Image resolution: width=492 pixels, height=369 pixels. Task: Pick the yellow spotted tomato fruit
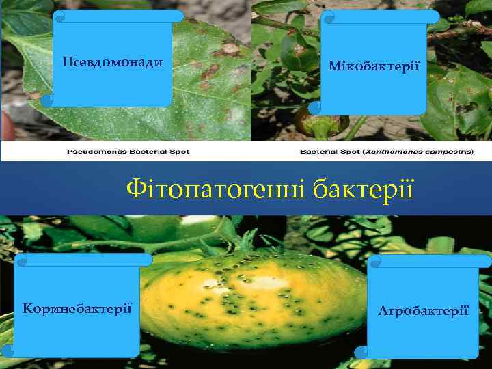(260, 301)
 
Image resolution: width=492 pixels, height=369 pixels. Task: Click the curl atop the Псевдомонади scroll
(60, 14)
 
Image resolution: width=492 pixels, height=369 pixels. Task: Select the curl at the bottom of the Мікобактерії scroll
(315, 108)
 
